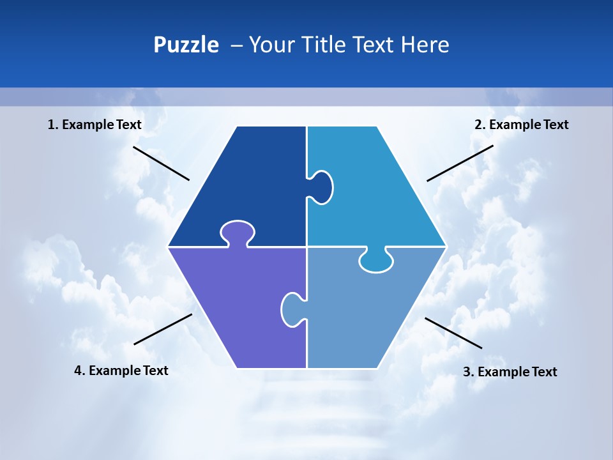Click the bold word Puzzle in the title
[x=186, y=45]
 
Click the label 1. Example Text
[x=95, y=125]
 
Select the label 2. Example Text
[x=521, y=125]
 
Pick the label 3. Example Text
[x=510, y=372]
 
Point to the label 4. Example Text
[x=121, y=371]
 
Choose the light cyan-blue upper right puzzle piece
[x=370, y=192]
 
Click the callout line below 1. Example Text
[x=161, y=163]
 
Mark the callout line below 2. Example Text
[x=460, y=163]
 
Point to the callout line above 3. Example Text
[x=453, y=333]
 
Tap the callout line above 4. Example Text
[x=163, y=329]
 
